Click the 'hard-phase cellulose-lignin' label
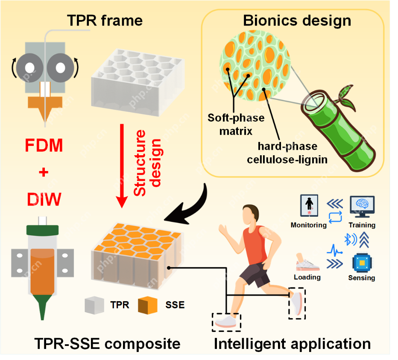point(287,153)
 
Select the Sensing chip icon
point(361,262)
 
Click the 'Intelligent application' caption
point(292,343)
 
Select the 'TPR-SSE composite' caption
point(108,343)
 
